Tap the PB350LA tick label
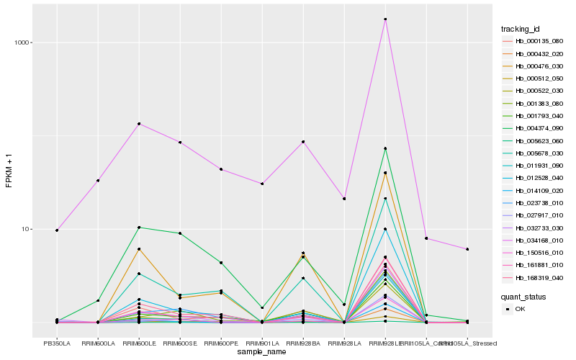point(57,343)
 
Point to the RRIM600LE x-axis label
point(139,343)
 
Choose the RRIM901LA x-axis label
point(262,343)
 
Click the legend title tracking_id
point(520,29)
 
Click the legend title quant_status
point(523,296)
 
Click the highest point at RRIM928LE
point(385,19)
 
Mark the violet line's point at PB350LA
point(57,230)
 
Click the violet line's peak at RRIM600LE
point(139,124)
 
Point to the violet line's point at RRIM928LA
point(344,199)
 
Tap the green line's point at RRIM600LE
point(139,228)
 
